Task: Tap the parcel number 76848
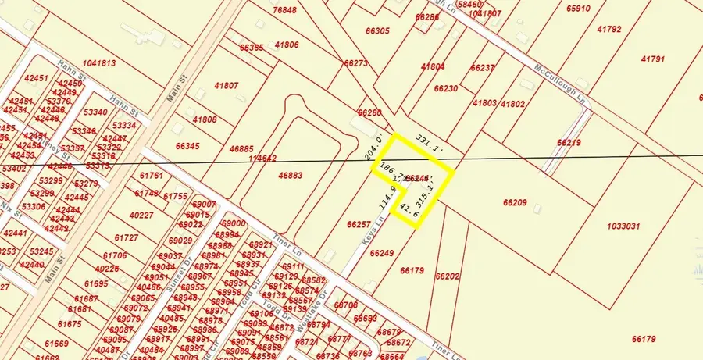click(285, 10)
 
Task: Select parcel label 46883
click(291, 176)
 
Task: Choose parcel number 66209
click(515, 203)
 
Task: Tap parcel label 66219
click(569, 143)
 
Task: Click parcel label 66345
click(187, 146)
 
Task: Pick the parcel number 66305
click(376, 31)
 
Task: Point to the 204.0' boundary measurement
click(376, 146)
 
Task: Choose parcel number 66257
click(358, 224)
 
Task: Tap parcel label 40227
click(141, 215)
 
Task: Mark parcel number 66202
click(447, 276)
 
